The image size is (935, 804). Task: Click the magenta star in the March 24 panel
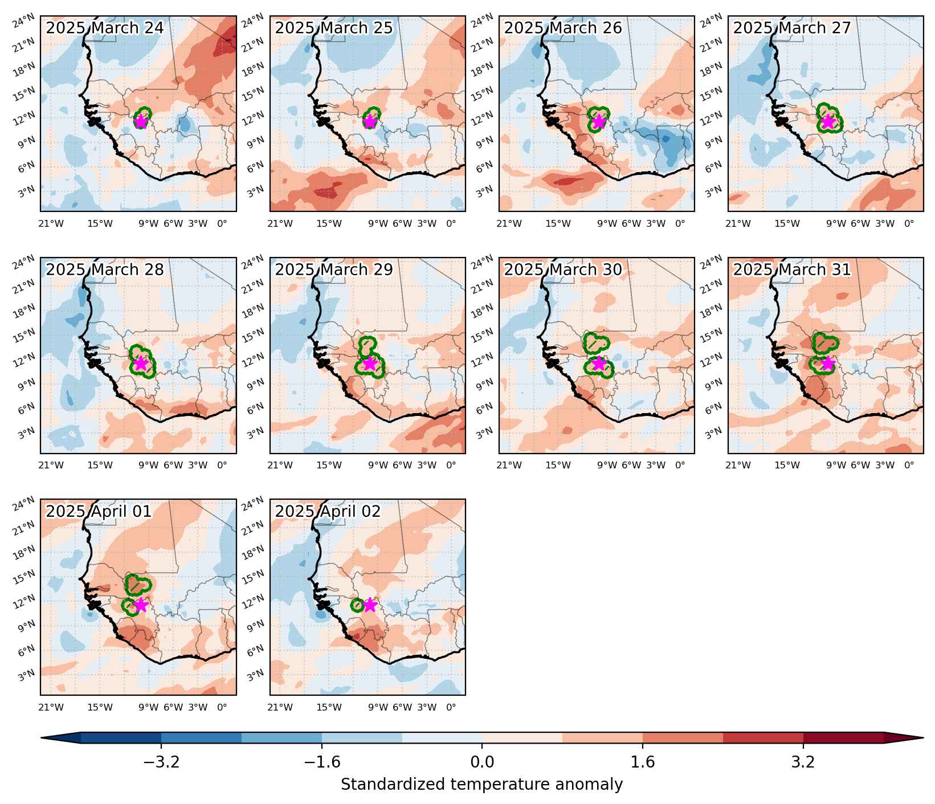pos(141,121)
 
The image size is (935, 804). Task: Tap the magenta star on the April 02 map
pos(370,605)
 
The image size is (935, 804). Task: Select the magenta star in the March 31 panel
pos(828,363)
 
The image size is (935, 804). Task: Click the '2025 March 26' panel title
pos(563,28)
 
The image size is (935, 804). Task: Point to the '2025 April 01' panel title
pos(99,511)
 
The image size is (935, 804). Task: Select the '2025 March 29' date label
pos(334,270)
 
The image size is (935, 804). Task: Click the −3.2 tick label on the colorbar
pos(161,762)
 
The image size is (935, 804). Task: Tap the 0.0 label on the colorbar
pos(482,762)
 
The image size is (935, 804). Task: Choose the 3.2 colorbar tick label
pos(803,762)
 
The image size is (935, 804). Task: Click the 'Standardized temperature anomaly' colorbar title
pos(482,785)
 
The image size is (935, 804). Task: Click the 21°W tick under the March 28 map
pos(51,466)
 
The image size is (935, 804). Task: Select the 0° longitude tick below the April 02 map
pos(451,707)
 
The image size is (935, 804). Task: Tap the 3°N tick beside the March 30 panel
pos(483,434)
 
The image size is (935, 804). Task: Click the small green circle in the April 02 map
pos(357,605)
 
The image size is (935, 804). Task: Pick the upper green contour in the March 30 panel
pos(597,342)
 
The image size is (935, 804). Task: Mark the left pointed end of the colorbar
pos(42,738)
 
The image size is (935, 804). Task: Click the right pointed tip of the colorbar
pos(922,738)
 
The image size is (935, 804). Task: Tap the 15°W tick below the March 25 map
pos(329,224)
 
